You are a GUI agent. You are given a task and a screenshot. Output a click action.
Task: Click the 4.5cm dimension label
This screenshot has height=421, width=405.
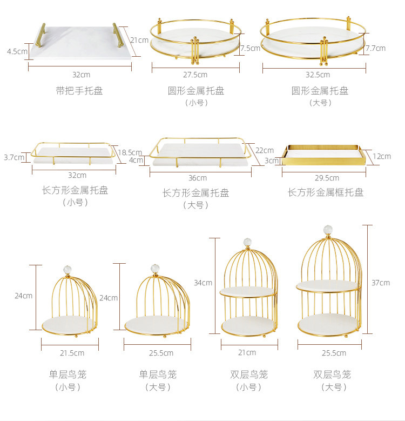tap(17, 51)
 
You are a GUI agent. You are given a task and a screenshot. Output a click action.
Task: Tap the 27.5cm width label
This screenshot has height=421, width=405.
tap(195, 75)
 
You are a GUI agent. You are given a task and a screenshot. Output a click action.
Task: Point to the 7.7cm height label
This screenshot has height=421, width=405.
tap(375, 48)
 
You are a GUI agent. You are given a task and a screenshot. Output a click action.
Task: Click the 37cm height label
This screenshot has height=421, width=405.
tap(380, 283)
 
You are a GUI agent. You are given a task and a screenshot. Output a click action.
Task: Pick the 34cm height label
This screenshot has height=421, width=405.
tap(203, 283)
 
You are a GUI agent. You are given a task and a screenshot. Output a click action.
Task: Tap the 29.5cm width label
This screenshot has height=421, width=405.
tap(327, 177)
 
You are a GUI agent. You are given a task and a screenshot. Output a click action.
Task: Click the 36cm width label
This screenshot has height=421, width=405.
tap(198, 178)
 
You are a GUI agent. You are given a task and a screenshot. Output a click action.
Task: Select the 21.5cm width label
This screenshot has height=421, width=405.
tap(71, 353)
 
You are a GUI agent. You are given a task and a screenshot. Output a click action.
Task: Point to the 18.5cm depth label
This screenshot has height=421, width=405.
tap(130, 152)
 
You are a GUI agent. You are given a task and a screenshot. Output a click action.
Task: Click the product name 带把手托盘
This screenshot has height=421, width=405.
tap(79, 91)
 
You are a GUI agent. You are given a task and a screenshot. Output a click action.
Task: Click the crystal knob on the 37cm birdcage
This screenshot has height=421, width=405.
tap(327, 230)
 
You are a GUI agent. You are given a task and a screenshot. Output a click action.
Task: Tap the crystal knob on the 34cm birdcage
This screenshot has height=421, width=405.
tap(247, 241)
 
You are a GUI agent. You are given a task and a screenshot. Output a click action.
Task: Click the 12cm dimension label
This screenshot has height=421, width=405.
tap(381, 157)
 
